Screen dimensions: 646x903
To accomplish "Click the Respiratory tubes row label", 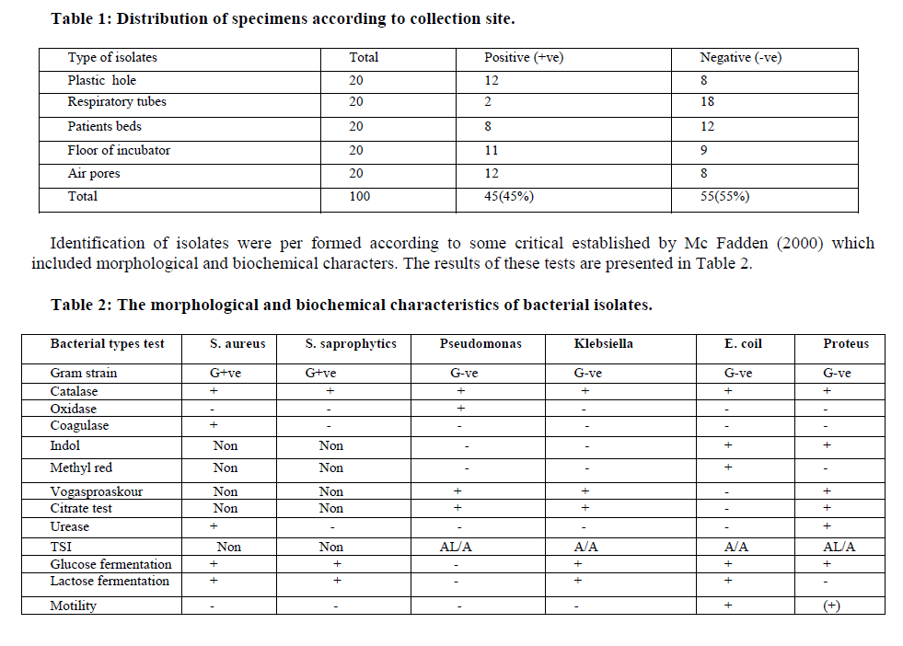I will point(117,102).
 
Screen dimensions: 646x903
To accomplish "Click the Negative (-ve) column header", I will point(740,58).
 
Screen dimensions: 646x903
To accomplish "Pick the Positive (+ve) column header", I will point(524,58).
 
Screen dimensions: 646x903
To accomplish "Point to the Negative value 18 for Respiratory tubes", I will point(707,102).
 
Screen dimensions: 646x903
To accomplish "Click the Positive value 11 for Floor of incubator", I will point(492,150).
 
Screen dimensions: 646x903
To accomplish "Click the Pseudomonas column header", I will point(480,344).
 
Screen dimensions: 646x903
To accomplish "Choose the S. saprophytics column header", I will point(351,344).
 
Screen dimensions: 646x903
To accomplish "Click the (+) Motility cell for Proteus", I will point(831,606).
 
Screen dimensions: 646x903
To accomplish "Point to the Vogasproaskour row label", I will point(97,491).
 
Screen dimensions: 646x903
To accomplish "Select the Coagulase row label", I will point(79,426).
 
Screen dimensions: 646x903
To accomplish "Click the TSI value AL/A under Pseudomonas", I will point(457,547).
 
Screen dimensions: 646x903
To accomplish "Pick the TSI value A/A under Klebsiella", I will point(585,547).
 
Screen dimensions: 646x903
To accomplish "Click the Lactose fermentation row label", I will point(110,582).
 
